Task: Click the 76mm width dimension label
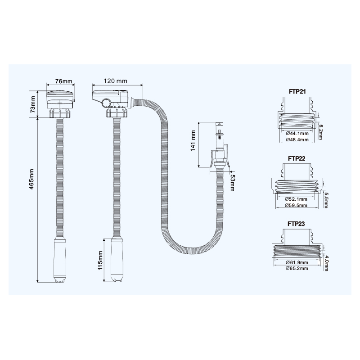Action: [x=64, y=81]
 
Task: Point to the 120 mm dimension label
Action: [x=116, y=81]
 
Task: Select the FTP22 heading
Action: [x=297, y=159]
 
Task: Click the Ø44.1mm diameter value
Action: [x=297, y=134]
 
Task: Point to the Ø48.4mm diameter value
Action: [x=297, y=140]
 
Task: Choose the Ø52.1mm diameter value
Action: [x=297, y=199]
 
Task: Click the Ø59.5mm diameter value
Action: [x=297, y=205]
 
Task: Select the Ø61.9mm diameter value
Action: [x=297, y=262]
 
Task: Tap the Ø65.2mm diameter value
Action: [x=297, y=268]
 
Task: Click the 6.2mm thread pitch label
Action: [x=320, y=131]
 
